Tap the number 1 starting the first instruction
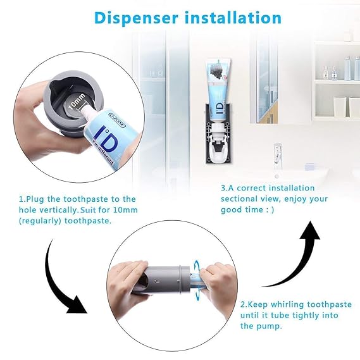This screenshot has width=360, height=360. pos(21,199)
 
